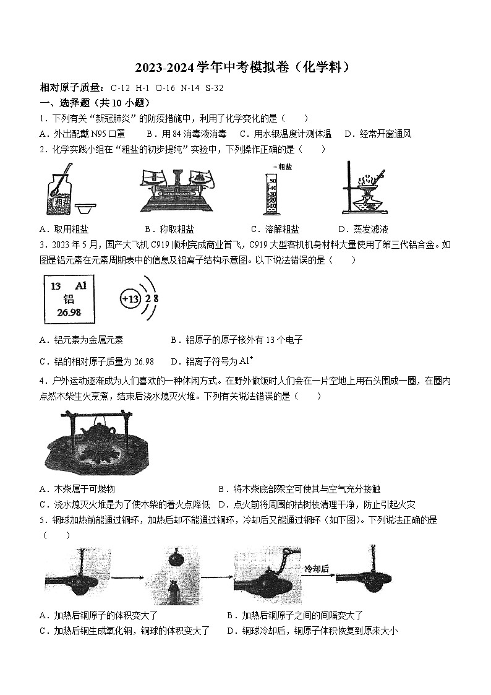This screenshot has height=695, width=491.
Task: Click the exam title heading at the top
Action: coord(246,67)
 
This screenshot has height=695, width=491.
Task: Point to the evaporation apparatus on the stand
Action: coord(365,189)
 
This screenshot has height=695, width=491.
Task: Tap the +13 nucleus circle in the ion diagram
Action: coord(131,299)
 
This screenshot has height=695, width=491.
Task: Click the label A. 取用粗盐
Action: coord(64,229)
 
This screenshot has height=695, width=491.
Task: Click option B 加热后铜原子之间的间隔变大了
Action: coord(295,615)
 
